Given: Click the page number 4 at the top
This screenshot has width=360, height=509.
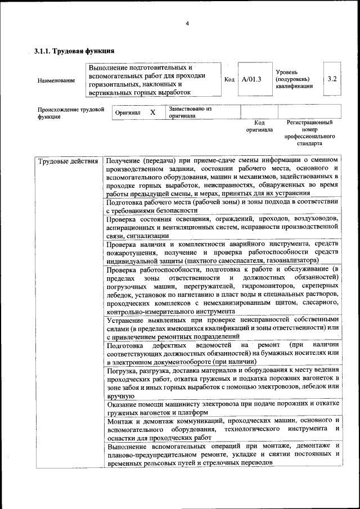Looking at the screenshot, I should (x=187, y=23).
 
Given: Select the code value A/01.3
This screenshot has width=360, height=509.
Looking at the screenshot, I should (x=251, y=79).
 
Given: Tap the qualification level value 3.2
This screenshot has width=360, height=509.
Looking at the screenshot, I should (x=332, y=79).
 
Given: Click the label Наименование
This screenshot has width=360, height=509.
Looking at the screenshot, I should (x=56, y=80).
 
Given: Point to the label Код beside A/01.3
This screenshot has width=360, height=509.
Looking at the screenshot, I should (x=229, y=79).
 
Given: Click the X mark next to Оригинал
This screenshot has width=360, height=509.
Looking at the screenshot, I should (x=152, y=112).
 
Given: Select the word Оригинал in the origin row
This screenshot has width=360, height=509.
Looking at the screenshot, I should (x=128, y=112).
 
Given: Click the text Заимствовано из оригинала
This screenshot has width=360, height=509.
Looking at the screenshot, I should (x=190, y=112).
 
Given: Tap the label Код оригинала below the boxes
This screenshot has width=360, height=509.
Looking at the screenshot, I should (x=259, y=126).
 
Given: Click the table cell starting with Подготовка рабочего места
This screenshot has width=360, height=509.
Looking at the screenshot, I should (x=222, y=205).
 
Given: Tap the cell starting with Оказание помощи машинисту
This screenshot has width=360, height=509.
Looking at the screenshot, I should (x=222, y=408).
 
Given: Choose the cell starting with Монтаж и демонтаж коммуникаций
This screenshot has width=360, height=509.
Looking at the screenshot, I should (x=222, y=429).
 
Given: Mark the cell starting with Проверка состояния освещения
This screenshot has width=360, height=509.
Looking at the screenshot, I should (x=222, y=227).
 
